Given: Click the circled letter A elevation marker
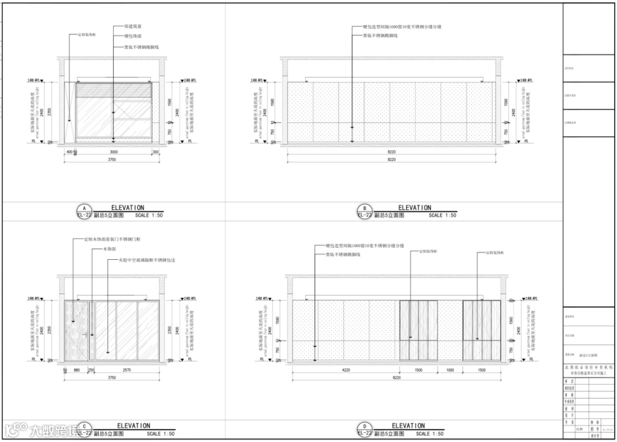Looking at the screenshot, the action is [x=84, y=208].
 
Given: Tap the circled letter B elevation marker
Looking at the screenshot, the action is [x=364, y=208].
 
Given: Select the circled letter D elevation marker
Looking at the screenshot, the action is [x=364, y=426].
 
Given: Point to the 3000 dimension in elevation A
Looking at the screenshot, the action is [x=114, y=152].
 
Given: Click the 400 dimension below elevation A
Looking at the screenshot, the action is [x=69, y=152].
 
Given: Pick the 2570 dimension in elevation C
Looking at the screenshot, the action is [x=127, y=370].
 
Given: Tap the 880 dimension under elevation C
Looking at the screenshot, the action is [x=77, y=370].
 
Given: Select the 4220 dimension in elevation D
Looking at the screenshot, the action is [x=346, y=370].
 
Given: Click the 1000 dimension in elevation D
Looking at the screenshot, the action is [x=450, y=370].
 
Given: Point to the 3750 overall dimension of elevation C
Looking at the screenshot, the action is [x=112, y=377].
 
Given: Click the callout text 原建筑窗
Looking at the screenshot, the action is [x=134, y=26].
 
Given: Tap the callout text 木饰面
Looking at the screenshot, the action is [x=110, y=250].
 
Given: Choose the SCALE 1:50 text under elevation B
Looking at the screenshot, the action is [x=443, y=216].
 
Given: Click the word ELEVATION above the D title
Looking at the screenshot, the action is [x=408, y=425].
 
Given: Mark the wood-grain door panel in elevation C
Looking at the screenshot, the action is [x=77, y=330].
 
